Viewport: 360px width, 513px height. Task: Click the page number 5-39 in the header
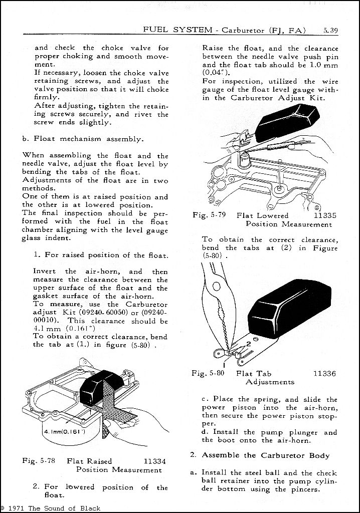330,30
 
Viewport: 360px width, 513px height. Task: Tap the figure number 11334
154,461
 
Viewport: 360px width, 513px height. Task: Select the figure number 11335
324,215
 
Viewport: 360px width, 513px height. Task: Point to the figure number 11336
324,373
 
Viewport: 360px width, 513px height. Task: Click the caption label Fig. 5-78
40,461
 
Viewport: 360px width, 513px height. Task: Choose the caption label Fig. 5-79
209,215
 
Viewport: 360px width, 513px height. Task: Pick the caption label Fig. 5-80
208,373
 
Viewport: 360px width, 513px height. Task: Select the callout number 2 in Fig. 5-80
247,344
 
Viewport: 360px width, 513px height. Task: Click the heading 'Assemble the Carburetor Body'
266,455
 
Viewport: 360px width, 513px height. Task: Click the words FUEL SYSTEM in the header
177,30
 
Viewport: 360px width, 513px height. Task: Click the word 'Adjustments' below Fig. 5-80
270,382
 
